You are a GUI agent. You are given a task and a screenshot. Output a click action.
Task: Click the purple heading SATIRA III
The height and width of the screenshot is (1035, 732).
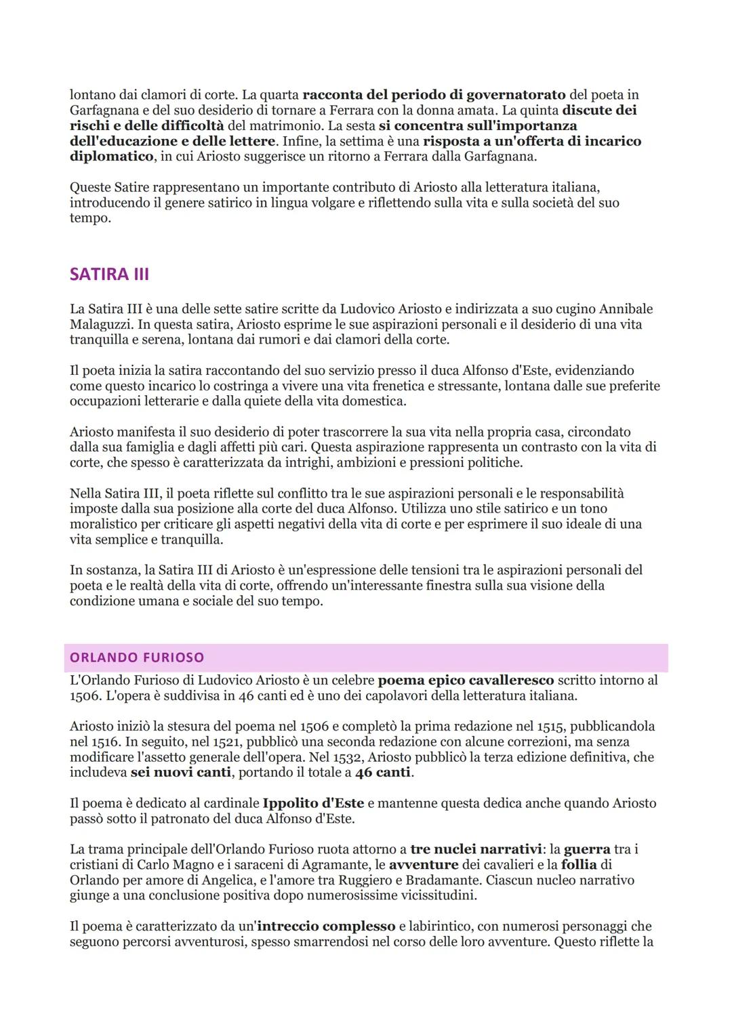109,275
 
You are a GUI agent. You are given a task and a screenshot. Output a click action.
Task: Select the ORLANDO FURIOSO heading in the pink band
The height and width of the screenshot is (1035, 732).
137,657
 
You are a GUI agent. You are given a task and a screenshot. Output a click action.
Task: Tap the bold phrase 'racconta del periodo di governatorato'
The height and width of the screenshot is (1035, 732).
434,95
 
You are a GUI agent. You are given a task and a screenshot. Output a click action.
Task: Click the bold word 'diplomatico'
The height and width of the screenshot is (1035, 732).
112,157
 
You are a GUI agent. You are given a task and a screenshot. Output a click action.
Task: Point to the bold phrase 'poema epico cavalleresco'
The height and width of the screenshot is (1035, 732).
466,681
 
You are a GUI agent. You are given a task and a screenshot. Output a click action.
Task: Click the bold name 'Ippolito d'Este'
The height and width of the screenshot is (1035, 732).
313,804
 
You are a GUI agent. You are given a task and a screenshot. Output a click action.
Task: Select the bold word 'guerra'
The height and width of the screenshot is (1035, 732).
587,849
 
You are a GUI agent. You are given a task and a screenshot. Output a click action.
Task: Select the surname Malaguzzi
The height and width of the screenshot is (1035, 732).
101,325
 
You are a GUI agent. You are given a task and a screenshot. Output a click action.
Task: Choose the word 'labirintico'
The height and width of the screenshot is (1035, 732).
436,927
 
